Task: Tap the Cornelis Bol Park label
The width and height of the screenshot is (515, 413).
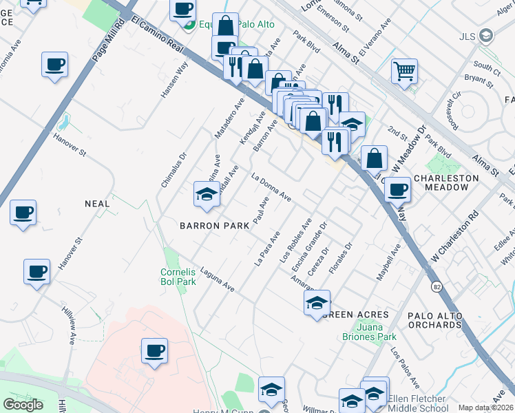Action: tap(179, 277)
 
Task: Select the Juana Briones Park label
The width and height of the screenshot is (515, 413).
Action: tap(370, 332)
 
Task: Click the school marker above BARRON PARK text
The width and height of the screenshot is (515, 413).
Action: tap(207, 195)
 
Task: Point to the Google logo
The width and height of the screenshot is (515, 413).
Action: tap(22, 404)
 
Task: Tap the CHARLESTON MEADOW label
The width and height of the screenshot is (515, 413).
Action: tap(445, 183)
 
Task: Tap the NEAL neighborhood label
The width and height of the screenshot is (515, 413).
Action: tap(97, 204)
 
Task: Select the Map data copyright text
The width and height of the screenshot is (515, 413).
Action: tap(485, 407)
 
